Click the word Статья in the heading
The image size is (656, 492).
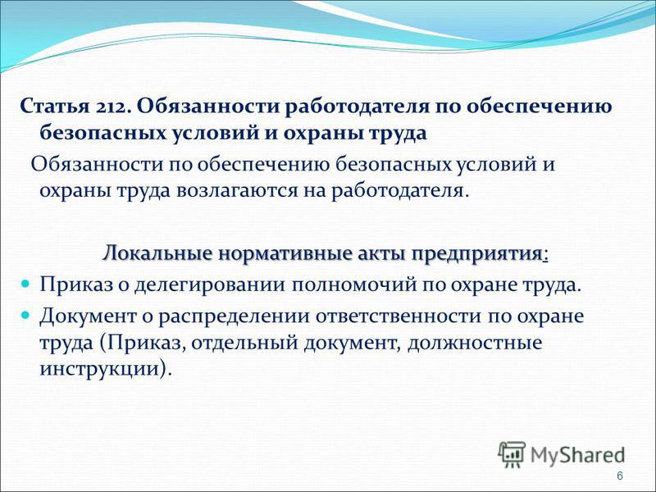(55, 107)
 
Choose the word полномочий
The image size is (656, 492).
(354, 285)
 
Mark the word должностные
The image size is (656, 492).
(475, 344)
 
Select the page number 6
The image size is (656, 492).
(620, 476)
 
